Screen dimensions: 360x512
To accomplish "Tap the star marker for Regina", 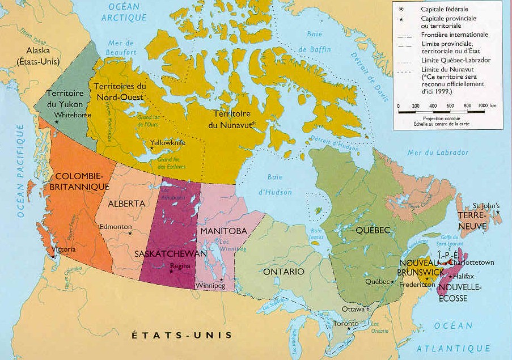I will (x=171, y=271).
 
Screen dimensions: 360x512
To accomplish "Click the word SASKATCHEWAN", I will (x=171, y=254).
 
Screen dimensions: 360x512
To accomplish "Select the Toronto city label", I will (x=345, y=323).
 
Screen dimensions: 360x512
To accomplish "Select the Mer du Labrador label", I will (x=430, y=153).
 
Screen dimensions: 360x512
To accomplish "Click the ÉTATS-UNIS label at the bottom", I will (x=182, y=335).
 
